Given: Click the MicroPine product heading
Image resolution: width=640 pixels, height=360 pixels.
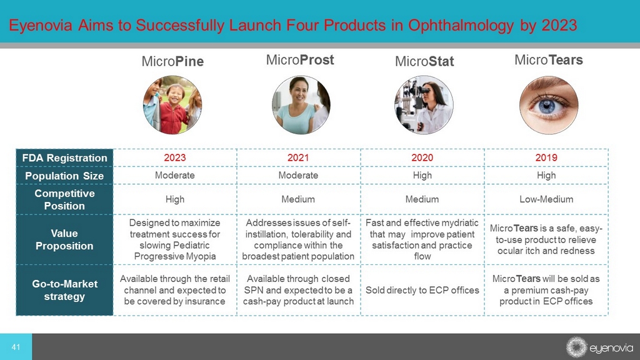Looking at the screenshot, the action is pos(172,61).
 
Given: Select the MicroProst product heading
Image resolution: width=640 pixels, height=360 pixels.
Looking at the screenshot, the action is pos(300,59).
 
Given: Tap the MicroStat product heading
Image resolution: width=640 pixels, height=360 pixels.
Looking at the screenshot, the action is pos(424,61).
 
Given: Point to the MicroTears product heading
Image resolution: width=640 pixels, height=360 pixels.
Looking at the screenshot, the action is pos(549,59).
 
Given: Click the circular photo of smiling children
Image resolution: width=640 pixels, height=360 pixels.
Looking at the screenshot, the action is pos(172,105).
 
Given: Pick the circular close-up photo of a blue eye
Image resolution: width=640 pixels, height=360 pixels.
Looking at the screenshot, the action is pos(549,105).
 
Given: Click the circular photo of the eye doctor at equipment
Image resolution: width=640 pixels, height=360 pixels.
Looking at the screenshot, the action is pos(424,105).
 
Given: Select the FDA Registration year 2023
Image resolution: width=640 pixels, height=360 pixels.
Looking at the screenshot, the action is pos(175,157).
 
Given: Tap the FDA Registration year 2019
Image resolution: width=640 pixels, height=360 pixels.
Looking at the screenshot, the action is pos(546,157).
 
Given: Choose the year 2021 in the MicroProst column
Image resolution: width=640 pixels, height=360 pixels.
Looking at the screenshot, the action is pos(298,157).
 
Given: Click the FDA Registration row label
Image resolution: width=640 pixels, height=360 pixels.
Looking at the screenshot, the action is pos(64,158).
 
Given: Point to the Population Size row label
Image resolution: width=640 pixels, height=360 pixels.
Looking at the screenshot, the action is pos(64,176).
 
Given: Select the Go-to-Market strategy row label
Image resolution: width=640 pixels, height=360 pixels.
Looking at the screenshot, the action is pos(64,290).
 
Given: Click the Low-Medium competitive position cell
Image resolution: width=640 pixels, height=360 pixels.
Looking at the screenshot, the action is pos(546,199).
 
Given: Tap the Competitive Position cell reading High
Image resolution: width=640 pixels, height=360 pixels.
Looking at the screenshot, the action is pos(175,199).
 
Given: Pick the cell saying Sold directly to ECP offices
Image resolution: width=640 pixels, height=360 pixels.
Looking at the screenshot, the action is pos(422,290).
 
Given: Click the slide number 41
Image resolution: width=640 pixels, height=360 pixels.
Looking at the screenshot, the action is pos(16,347).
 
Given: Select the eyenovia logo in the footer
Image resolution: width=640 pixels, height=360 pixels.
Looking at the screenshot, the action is pos(599,347).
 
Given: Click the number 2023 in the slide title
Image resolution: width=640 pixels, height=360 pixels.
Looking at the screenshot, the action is pos(559,25).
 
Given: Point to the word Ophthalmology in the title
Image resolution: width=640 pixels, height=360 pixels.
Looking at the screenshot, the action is pos(461,26).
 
